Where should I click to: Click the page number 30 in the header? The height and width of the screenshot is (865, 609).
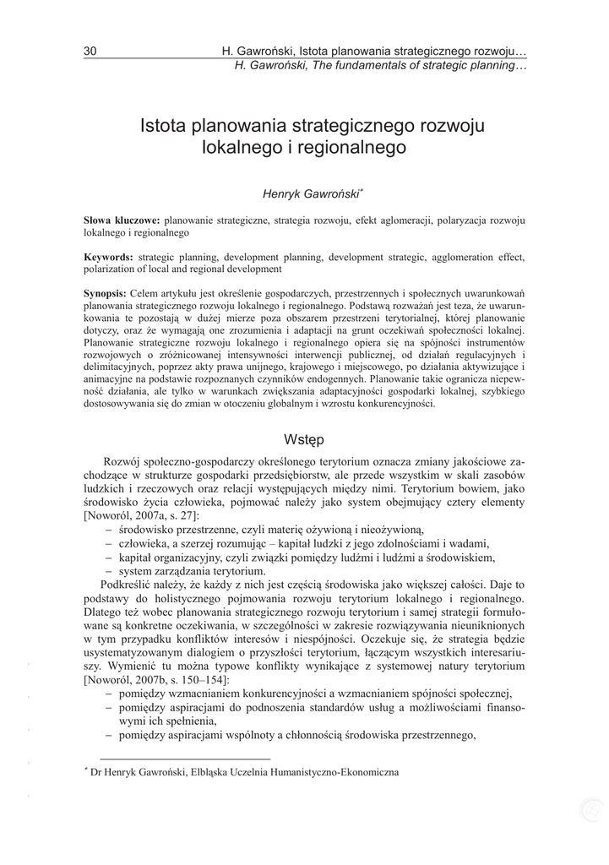click(90, 52)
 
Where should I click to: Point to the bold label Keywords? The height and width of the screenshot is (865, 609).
click(108, 256)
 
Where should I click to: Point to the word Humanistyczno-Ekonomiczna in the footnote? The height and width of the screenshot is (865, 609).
click(344, 771)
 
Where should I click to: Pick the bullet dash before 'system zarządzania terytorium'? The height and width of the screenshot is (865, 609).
click(110, 571)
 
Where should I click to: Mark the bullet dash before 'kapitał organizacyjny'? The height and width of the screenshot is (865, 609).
click(110, 557)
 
